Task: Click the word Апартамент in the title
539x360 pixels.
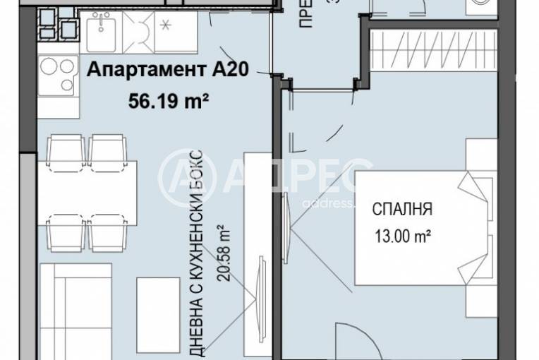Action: click(x=129, y=71)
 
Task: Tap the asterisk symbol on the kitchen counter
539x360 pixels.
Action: click(x=167, y=27)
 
